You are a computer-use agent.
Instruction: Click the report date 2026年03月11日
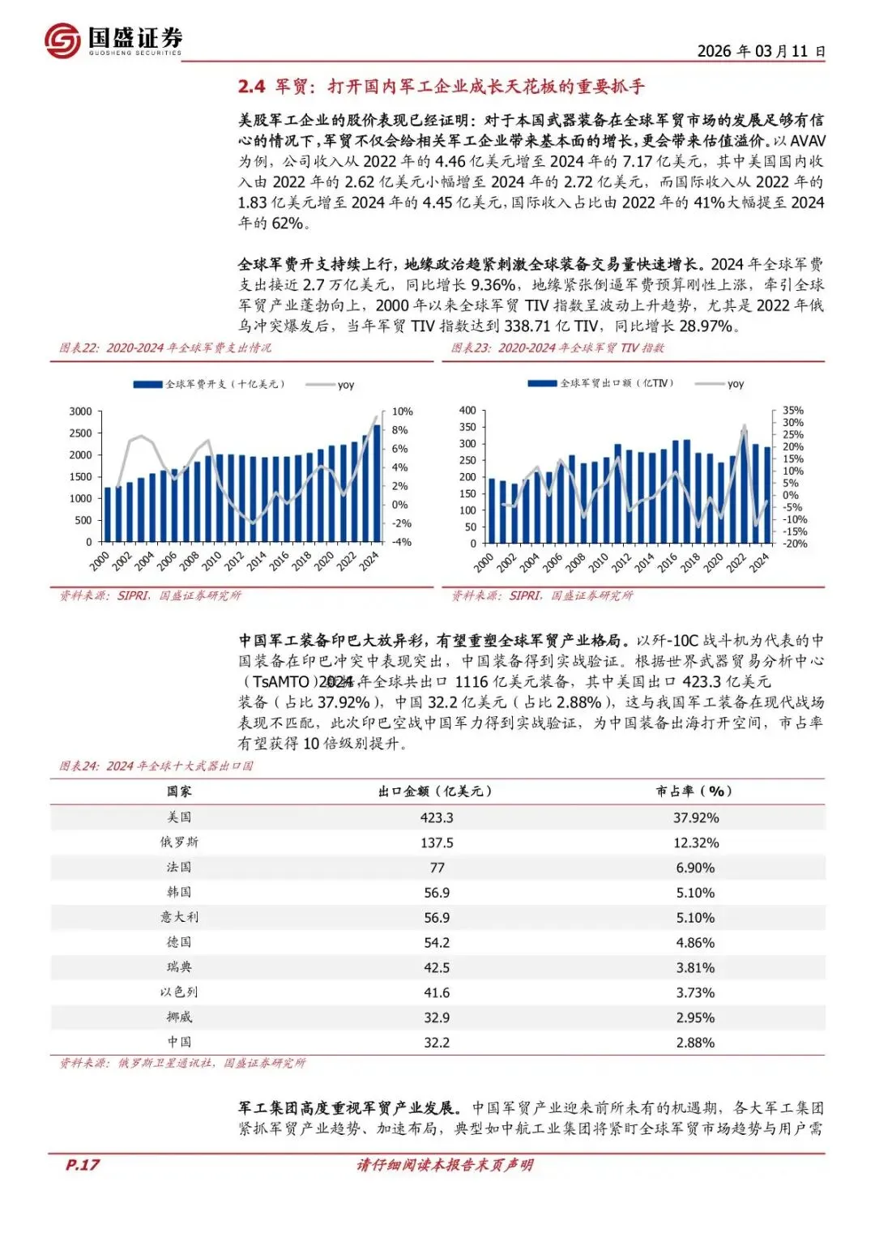761,51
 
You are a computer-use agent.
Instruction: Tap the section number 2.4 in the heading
251,87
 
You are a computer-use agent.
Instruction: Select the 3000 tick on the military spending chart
80,412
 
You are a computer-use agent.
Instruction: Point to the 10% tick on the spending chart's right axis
403,412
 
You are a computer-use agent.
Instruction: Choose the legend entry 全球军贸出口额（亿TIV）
604,383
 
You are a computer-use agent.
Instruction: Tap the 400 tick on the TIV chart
467,410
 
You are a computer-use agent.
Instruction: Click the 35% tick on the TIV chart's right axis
793,410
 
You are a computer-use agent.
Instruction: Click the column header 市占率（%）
694,791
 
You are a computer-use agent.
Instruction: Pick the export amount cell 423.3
437,818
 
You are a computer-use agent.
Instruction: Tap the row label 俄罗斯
179,842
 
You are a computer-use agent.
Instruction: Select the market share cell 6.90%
695,868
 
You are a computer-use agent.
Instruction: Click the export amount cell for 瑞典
437,968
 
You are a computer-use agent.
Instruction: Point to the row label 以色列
179,992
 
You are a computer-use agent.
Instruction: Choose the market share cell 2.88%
695,1043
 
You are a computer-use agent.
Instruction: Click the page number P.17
82,1165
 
